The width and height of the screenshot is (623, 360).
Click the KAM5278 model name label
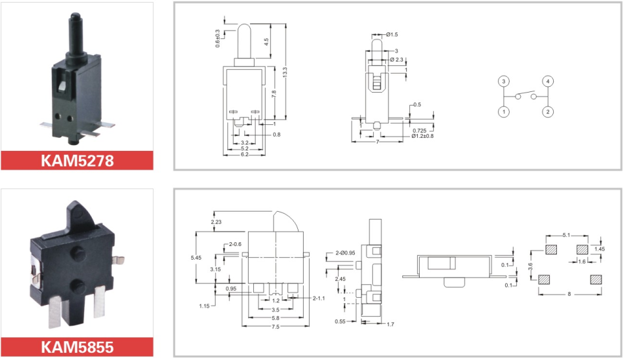[x=77, y=161]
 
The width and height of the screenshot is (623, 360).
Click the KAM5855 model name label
[x=77, y=347]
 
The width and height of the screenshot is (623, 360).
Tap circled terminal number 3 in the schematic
[x=503, y=82]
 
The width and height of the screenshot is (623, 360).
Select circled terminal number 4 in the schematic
[x=548, y=82]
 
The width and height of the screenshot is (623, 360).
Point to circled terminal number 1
[x=503, y=111]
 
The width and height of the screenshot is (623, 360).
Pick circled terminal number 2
[x=548, y=111]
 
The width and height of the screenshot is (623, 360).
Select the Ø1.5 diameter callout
[x=392, y=34]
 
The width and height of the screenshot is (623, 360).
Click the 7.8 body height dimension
[x=274, y=94]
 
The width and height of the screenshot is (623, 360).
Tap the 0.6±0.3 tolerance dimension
[x=218, y=39]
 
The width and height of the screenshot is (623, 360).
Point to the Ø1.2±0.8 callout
[x=422, y=136]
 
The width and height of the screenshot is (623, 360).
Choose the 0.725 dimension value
[x=420, y=130]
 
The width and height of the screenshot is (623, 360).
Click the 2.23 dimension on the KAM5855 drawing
[x=216, y=222]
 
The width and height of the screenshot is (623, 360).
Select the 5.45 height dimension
[x=196, y=258]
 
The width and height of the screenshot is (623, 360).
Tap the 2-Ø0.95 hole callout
[x=345, y=253]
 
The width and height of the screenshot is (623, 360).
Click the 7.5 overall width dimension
[x=275, y=326]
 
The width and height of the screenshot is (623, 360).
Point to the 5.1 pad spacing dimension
[x=566, y=235]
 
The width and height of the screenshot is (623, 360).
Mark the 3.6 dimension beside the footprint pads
[x=530, y=266]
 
